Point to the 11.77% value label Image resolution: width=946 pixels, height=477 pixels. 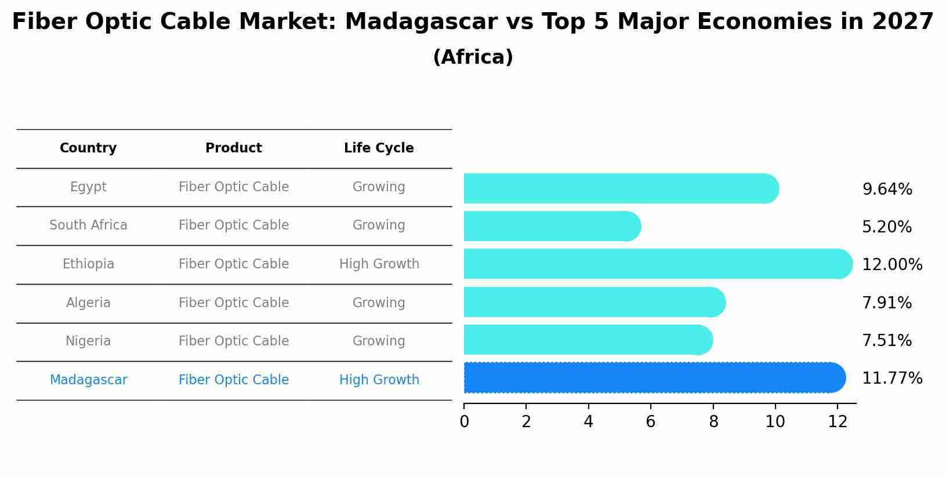click(x=891, y=378)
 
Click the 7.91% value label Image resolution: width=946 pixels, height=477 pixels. click(x=886, y=303)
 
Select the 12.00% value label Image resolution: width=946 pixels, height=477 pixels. click(x=891, y=264)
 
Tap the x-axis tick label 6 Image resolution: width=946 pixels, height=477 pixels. click(x=650, y=422)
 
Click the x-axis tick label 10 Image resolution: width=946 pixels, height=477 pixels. click(x=775, y=422)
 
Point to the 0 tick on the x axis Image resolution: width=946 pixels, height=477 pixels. click(x=464, y=422)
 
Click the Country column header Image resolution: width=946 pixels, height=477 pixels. click(x=88, y=148)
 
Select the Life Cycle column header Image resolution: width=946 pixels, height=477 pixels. click(x=379, y=148)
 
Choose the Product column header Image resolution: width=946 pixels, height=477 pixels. click(x=233, y=148)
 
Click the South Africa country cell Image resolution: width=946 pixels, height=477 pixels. click(x=88, y=225)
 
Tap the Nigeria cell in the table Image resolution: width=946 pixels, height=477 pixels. click(x=88, y=341)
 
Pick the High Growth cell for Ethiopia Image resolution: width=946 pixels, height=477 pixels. click(x=379, y=264)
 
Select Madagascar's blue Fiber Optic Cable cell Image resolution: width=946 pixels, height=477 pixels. click(x=233, y=380)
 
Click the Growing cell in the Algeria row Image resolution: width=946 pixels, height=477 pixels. click(x=379, y=303)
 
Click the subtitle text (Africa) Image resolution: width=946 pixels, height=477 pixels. click(x=473, y=57)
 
